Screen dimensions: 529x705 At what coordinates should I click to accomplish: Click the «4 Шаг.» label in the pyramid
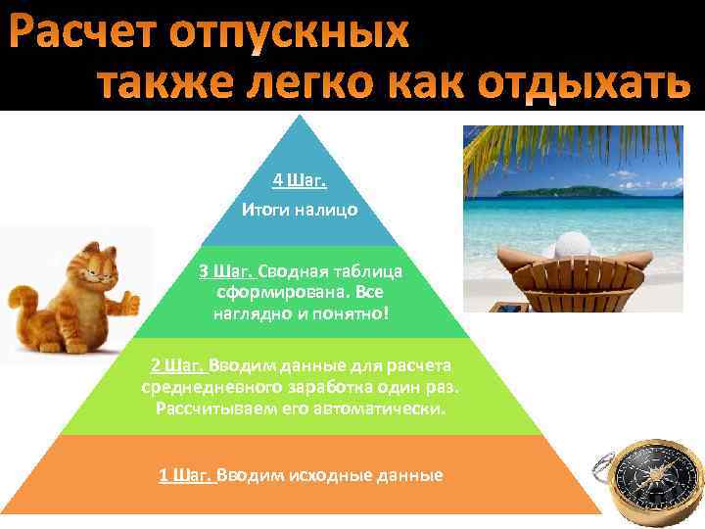(299, 180)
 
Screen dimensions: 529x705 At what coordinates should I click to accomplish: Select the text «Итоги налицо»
(299, 209)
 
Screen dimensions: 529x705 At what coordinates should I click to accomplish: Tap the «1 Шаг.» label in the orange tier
(186, 475)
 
